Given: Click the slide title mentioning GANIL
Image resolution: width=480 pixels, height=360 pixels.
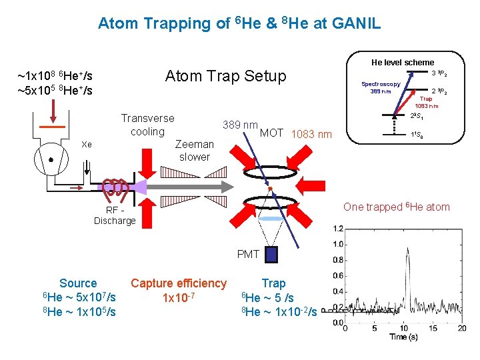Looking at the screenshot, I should point(239,24).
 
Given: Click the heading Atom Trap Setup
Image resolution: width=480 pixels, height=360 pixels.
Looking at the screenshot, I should point(225,76).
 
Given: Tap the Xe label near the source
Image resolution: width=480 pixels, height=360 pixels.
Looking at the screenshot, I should point(86,144).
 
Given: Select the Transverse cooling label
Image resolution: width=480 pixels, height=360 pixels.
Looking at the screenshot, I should point(147,125).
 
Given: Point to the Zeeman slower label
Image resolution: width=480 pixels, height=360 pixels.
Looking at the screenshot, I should point(194,151).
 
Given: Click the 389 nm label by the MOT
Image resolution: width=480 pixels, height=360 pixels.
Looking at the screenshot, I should point(240,125).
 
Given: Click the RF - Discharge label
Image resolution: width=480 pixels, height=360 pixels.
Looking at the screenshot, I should point(114,215).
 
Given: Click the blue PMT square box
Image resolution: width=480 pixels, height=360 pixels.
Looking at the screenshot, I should point(269,254).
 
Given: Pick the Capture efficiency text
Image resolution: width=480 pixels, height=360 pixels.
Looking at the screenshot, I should point(179,283).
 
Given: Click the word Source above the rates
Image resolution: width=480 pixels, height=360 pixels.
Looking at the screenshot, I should point(78,283).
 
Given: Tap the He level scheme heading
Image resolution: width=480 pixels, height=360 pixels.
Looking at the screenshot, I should point(402,62).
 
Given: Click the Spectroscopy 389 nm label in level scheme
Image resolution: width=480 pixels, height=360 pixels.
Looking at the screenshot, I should point(381,88).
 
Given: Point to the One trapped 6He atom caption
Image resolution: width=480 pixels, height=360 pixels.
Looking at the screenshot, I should point(396,207).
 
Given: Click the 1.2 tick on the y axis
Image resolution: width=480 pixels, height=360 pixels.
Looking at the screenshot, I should point(338,229).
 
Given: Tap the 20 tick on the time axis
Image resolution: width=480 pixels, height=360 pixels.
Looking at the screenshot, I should point(462,329).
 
